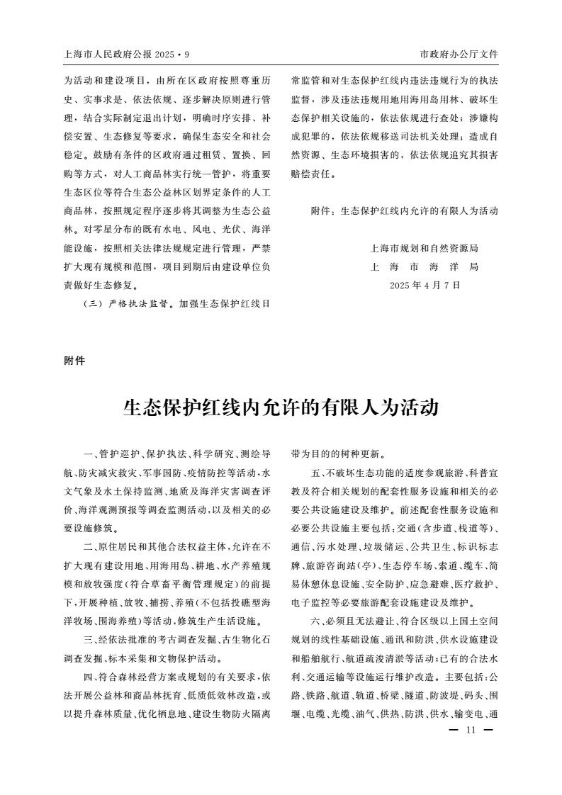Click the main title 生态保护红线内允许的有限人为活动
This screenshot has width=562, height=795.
(x=281, y=408)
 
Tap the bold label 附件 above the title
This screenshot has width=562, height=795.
(x=74, y=361)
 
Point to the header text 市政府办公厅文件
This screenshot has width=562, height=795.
(x=459, y=54)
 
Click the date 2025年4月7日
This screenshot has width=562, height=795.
(x=425, y=286)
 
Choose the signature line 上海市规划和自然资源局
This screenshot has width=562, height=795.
(x=425, y=249)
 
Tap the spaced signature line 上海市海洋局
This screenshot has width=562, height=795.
(x=425, y=267)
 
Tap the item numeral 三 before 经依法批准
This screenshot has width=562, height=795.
(x=86, y=638)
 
